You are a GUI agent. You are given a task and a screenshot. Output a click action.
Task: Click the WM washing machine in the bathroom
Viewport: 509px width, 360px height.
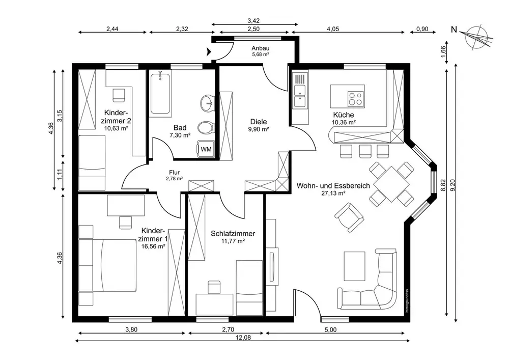(206, 149)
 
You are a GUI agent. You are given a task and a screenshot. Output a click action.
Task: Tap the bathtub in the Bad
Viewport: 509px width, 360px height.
(160, 93)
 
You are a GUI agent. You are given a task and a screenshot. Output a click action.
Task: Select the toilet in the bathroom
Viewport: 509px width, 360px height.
(207, 128)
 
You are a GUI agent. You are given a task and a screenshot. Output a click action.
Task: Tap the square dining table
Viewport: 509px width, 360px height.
(391, 184)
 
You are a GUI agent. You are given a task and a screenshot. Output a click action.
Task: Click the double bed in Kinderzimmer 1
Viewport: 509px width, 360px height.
(107, 265)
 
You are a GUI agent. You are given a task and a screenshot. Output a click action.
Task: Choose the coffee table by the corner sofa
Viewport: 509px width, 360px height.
(355, 266)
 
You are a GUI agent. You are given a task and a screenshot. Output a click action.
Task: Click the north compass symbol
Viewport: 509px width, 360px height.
(475, 37)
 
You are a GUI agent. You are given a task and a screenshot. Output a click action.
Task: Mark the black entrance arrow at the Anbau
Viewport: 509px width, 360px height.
(208, 51)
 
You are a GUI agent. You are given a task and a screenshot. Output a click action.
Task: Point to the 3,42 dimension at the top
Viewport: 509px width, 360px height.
(253, 21)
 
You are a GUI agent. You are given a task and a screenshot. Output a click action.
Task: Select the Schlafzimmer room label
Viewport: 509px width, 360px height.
(233, 233)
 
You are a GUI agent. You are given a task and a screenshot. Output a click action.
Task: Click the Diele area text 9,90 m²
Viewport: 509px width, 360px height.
(259, 129)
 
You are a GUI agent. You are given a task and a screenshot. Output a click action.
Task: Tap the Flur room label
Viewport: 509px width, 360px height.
(174, 173)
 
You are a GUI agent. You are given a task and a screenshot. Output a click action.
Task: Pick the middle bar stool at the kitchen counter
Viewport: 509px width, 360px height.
(365, 151)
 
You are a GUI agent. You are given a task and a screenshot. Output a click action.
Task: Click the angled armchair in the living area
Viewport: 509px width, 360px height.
(349, 216)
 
